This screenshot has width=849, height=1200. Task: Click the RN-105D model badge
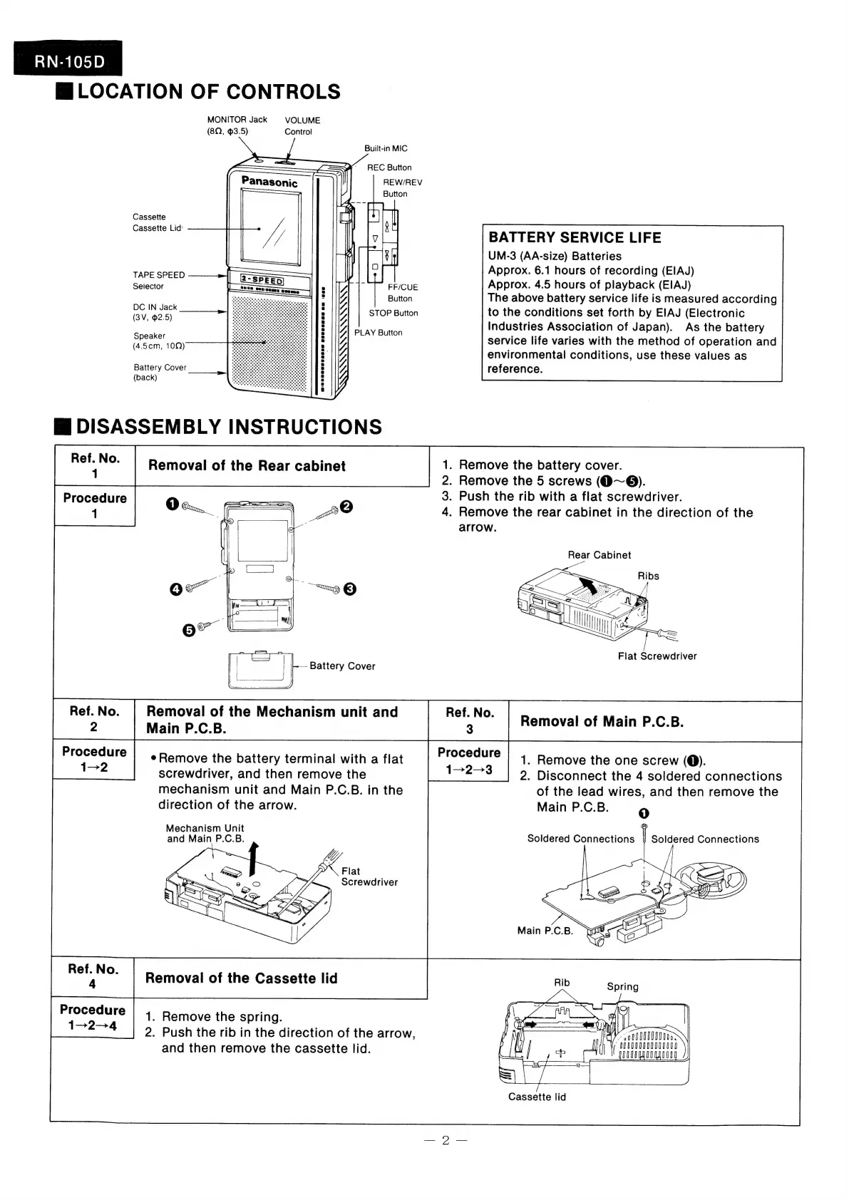[68, 61]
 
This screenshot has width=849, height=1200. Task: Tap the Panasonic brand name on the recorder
[269, 182]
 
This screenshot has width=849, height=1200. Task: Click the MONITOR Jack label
[237, 120]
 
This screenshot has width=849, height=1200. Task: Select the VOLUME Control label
[302, 125]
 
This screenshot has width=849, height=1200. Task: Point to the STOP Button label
[393, 313]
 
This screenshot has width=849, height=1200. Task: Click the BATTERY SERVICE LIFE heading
[575, 238]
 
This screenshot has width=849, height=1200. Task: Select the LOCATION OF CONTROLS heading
[209, 92]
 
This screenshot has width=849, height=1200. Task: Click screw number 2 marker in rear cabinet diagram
[346, 507]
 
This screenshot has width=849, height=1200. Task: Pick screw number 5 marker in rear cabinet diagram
[189, 631]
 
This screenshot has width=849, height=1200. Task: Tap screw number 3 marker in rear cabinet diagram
[349, 589]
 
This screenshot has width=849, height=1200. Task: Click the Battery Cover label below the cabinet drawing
[342, 666]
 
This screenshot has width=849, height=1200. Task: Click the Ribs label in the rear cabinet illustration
[648, 576]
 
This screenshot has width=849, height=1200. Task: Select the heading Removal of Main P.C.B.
[602, 722]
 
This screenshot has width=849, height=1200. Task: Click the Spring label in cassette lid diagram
[622, 987]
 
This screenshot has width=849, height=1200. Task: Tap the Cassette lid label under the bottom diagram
[537, 1097]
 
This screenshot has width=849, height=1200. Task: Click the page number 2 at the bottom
[445, 1141]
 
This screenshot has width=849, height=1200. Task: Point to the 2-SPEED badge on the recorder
[262, 280]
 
